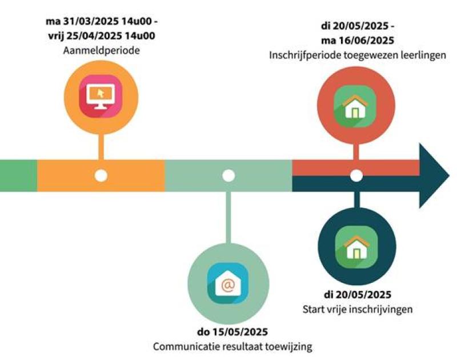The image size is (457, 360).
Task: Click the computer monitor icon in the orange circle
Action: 101,96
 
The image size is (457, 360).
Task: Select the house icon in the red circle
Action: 355,105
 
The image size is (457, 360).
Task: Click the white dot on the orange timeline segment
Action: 101,175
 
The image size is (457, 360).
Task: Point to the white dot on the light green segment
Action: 228,175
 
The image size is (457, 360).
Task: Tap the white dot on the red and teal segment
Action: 356,175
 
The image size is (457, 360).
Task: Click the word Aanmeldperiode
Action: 102,50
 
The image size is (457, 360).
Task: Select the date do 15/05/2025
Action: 229,332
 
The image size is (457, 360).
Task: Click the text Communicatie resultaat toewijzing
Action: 229,346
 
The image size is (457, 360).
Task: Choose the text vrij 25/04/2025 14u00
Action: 102,35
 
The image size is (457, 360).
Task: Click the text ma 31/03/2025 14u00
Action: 102,22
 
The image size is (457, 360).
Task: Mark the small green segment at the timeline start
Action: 18,175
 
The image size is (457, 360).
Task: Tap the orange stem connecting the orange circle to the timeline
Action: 101,147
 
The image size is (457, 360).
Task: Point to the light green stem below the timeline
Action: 228,217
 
